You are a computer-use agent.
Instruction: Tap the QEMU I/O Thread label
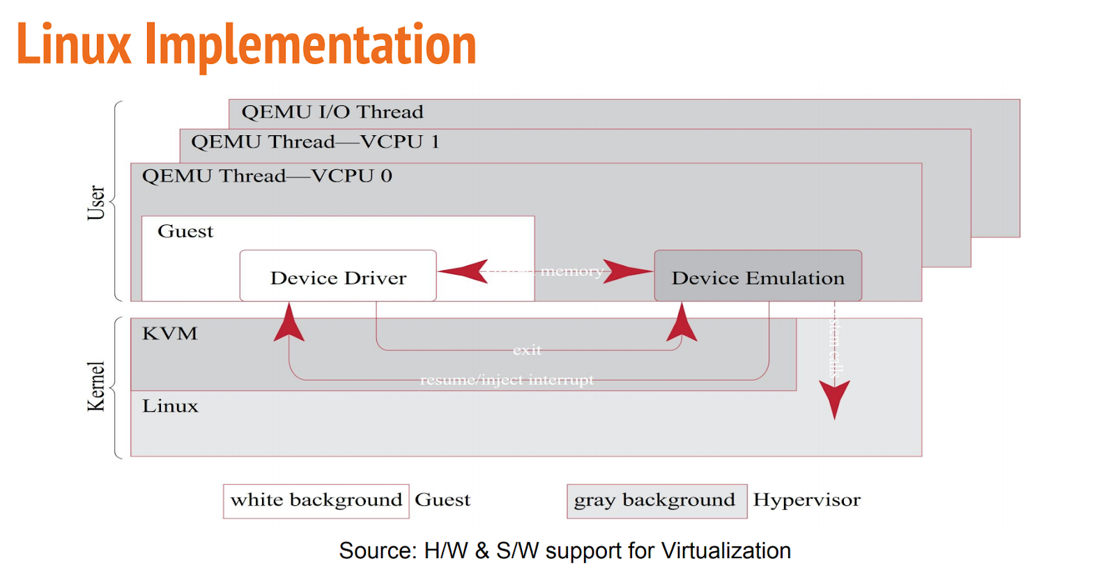(x=332, y=112)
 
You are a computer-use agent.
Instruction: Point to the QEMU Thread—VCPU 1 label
(x=315, y=142)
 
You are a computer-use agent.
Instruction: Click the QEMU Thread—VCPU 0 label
(x=267, y=176)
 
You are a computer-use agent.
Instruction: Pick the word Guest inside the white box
(x=185, y=231)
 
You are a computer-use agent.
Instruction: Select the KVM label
(x=170, y=334)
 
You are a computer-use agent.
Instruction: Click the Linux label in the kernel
(x=170, y=406)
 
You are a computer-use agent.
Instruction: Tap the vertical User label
(x=95, y=203)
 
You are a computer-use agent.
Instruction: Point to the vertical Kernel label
(x=95, y=387)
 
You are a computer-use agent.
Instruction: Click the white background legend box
(x=316, y=501)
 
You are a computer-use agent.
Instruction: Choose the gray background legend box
(x=656, y=501)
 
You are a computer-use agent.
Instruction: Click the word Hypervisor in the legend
(x=807, y=500)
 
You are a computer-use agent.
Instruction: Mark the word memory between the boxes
(x=571, y=271)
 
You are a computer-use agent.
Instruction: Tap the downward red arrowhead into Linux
(x=834, y=399)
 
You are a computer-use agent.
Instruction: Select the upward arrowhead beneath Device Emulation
(x=682, y=323)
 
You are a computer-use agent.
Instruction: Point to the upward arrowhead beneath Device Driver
(x=289, y=323)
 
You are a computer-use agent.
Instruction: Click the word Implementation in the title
(x=310, y=45)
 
